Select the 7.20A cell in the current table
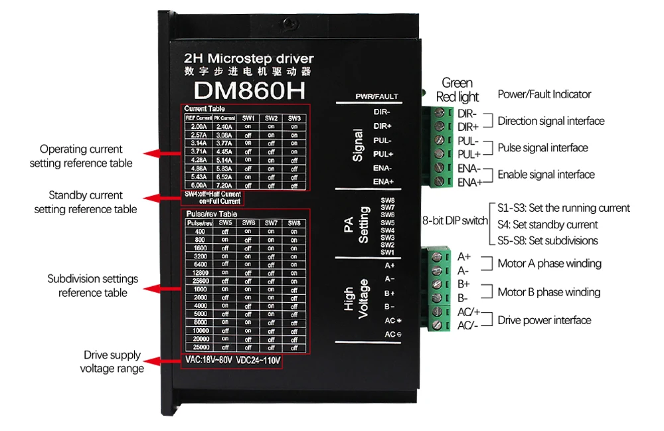tap(224, 186)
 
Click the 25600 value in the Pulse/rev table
tap(199, 281)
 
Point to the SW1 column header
tap(248, 118)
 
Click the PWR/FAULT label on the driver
tap(376, 96)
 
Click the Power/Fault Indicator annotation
tap(544, 94)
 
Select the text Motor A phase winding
tap(549, 264)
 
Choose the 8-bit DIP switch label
tap(455, 220)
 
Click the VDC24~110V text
tap(258, 361)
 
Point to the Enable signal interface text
tap(546, 175)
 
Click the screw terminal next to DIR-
tap(438, 113)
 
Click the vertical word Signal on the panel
tap(358, 145)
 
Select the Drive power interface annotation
tap(544, 320)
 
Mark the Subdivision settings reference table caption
tap(92, 286)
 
